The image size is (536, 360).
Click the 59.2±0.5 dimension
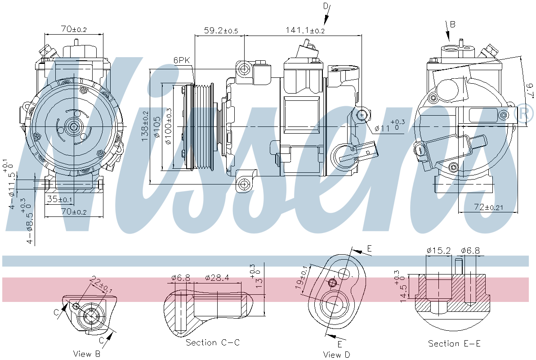[221, 31]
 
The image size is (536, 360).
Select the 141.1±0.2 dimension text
[305, 31]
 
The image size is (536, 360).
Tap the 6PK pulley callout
[182, 60]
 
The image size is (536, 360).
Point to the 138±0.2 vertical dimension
[145, 127]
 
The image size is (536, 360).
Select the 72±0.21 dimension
[487, 207]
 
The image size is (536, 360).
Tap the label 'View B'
[87, 354]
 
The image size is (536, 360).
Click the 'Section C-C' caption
[213, 342]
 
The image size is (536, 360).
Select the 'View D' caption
[336, 355]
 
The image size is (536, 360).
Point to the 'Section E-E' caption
[454, 344]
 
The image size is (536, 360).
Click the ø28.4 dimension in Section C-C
[217, 278]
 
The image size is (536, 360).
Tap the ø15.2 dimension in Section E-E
[438, 251]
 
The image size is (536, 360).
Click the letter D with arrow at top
[326, 6]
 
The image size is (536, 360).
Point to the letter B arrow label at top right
[452, 24]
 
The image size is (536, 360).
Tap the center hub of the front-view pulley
[72, 127]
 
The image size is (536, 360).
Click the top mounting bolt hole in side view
[244, 69]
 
